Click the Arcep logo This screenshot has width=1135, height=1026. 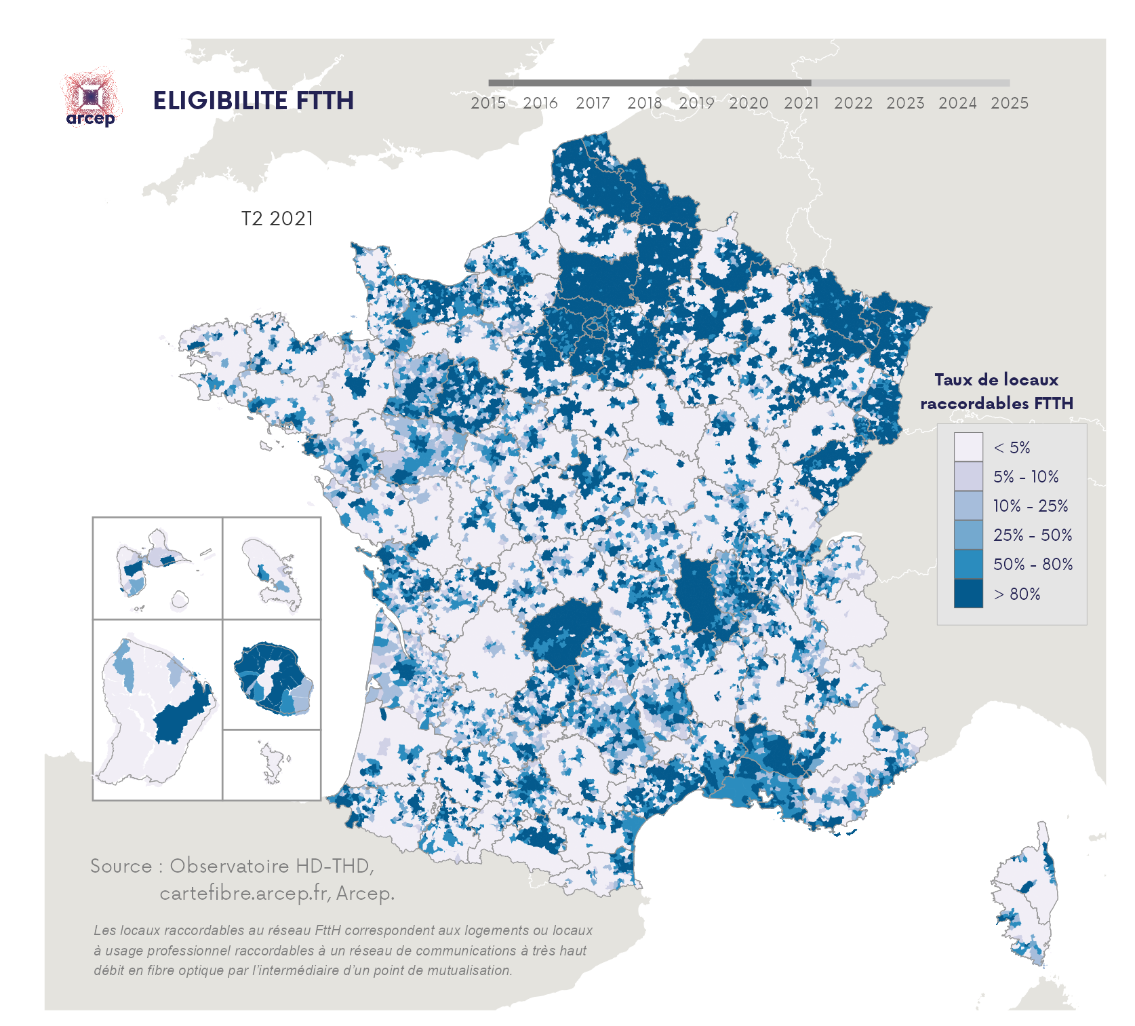click(91, 99)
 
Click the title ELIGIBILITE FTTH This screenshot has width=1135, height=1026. click(253, 101)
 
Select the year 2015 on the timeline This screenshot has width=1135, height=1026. click(488, 103)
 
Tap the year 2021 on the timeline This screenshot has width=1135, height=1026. click(801, 103)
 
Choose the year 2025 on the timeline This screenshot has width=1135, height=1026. click(1009, 103)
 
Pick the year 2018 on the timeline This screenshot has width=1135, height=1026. click(644, 103)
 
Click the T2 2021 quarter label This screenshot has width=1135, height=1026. click(277, 218)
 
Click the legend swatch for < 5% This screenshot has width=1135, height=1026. click(968, 447)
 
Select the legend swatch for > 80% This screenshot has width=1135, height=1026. click(968, 593)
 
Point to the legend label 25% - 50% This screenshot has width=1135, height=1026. click(1032, 535)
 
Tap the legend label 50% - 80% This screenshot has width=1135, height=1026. click(1032, 564)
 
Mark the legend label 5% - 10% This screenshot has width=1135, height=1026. click(1025, 476)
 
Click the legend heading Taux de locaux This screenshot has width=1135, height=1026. click(995, 380)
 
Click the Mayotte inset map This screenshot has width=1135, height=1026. click(273, 764)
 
